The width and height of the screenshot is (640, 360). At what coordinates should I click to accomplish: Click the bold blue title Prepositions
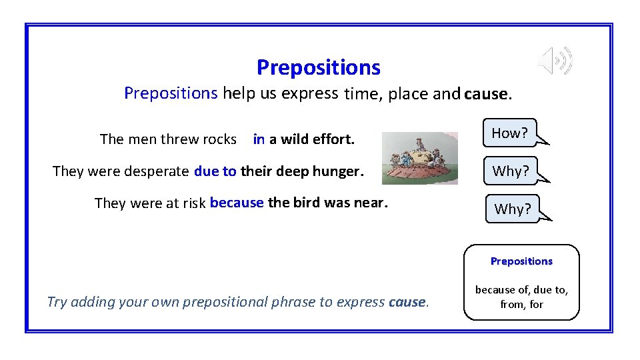(318, 67)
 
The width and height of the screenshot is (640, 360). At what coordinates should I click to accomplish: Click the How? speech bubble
(510, 133)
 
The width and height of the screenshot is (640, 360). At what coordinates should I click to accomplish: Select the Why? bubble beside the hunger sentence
(511, 171)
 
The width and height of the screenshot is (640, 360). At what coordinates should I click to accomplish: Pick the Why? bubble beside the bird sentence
(512, 209)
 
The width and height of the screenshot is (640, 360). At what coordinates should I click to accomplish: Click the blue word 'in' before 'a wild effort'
(259, 139)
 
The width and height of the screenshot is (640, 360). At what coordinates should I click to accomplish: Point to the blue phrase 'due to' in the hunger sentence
(215, 171)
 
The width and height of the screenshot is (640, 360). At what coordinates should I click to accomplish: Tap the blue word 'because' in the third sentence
(237, 203)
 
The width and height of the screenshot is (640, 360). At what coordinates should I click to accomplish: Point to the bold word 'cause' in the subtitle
(486, 94)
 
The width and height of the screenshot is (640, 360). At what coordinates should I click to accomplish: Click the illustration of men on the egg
(419, 158)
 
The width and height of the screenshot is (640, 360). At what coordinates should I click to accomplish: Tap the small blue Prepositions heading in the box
(521, 261)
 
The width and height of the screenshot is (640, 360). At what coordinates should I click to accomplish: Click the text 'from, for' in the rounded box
(521, 304)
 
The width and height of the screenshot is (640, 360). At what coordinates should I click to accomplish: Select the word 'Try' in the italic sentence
(57, 302)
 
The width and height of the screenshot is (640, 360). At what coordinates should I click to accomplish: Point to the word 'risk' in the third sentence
(193, 203)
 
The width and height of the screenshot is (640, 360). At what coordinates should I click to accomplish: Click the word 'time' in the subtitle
(361, 94)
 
